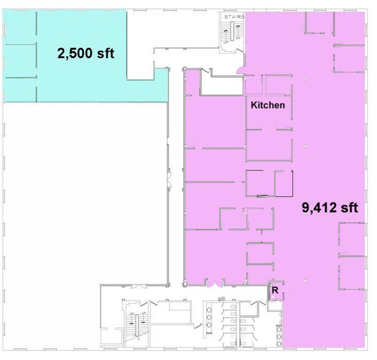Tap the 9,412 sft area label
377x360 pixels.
(329, 207)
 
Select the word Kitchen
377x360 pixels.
(268, 105)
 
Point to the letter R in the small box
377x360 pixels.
(275, 291)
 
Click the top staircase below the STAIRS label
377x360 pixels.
(233, 37)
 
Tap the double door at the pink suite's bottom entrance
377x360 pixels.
(213, 283)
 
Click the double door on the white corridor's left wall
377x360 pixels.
(169, 181)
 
